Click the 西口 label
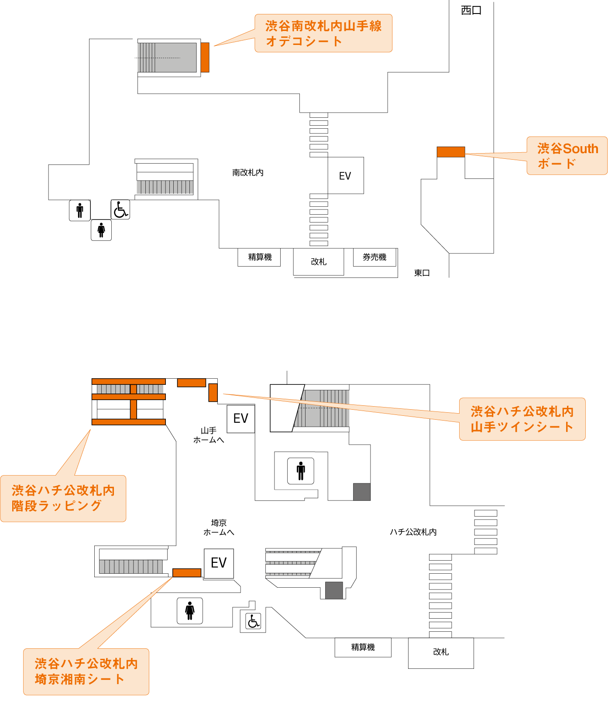pos(471,10)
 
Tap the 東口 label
pos(422,273)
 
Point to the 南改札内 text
pos(247,173)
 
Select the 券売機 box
pos(374,257)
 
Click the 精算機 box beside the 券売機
pos(259,257)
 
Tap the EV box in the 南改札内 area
pos(345,175)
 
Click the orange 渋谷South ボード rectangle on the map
pos(451,152)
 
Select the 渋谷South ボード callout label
pos(567,156)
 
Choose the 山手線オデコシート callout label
pos(323,33)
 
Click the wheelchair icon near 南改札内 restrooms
pos(120,209)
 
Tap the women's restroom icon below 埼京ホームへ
pos(189,610)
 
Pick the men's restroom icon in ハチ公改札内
pos(301,471)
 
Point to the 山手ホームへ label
pos(209,435)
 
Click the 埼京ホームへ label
pos(219,527)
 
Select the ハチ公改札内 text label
pos(413,532)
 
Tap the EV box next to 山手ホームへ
pos(240,418)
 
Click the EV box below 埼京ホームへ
pos(219,563)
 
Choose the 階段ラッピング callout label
pos(63,498)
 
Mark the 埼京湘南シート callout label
pos(86,671)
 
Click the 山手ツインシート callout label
pos(522,419)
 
